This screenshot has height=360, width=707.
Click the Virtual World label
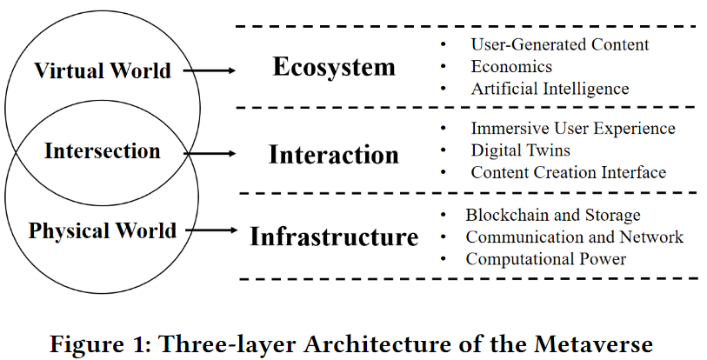click(103, 71)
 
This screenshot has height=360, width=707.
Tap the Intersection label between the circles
click(103, 151)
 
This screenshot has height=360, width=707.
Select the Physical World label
click(103, 231)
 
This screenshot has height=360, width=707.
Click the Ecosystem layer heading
click(334, 67)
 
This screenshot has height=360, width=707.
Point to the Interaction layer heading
click(334, 155)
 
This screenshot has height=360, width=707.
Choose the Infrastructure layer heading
click(334, 237)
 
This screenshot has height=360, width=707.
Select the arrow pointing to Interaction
click(210, 153)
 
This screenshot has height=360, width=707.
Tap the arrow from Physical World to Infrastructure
click(210, 230)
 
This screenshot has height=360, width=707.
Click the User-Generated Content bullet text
click(560, 44)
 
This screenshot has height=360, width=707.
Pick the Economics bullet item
click(511, 67)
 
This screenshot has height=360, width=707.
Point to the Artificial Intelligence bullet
click(550, 89)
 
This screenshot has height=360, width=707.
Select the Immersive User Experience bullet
click(573, 129)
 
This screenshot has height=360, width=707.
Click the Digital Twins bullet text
click(521, 150)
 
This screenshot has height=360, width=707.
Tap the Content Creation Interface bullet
click(569, 172)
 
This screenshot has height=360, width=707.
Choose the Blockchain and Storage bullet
click(553, 215)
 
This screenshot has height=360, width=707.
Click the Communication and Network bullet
click(575, 237)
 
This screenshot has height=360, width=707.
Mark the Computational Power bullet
click(546, 258)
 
